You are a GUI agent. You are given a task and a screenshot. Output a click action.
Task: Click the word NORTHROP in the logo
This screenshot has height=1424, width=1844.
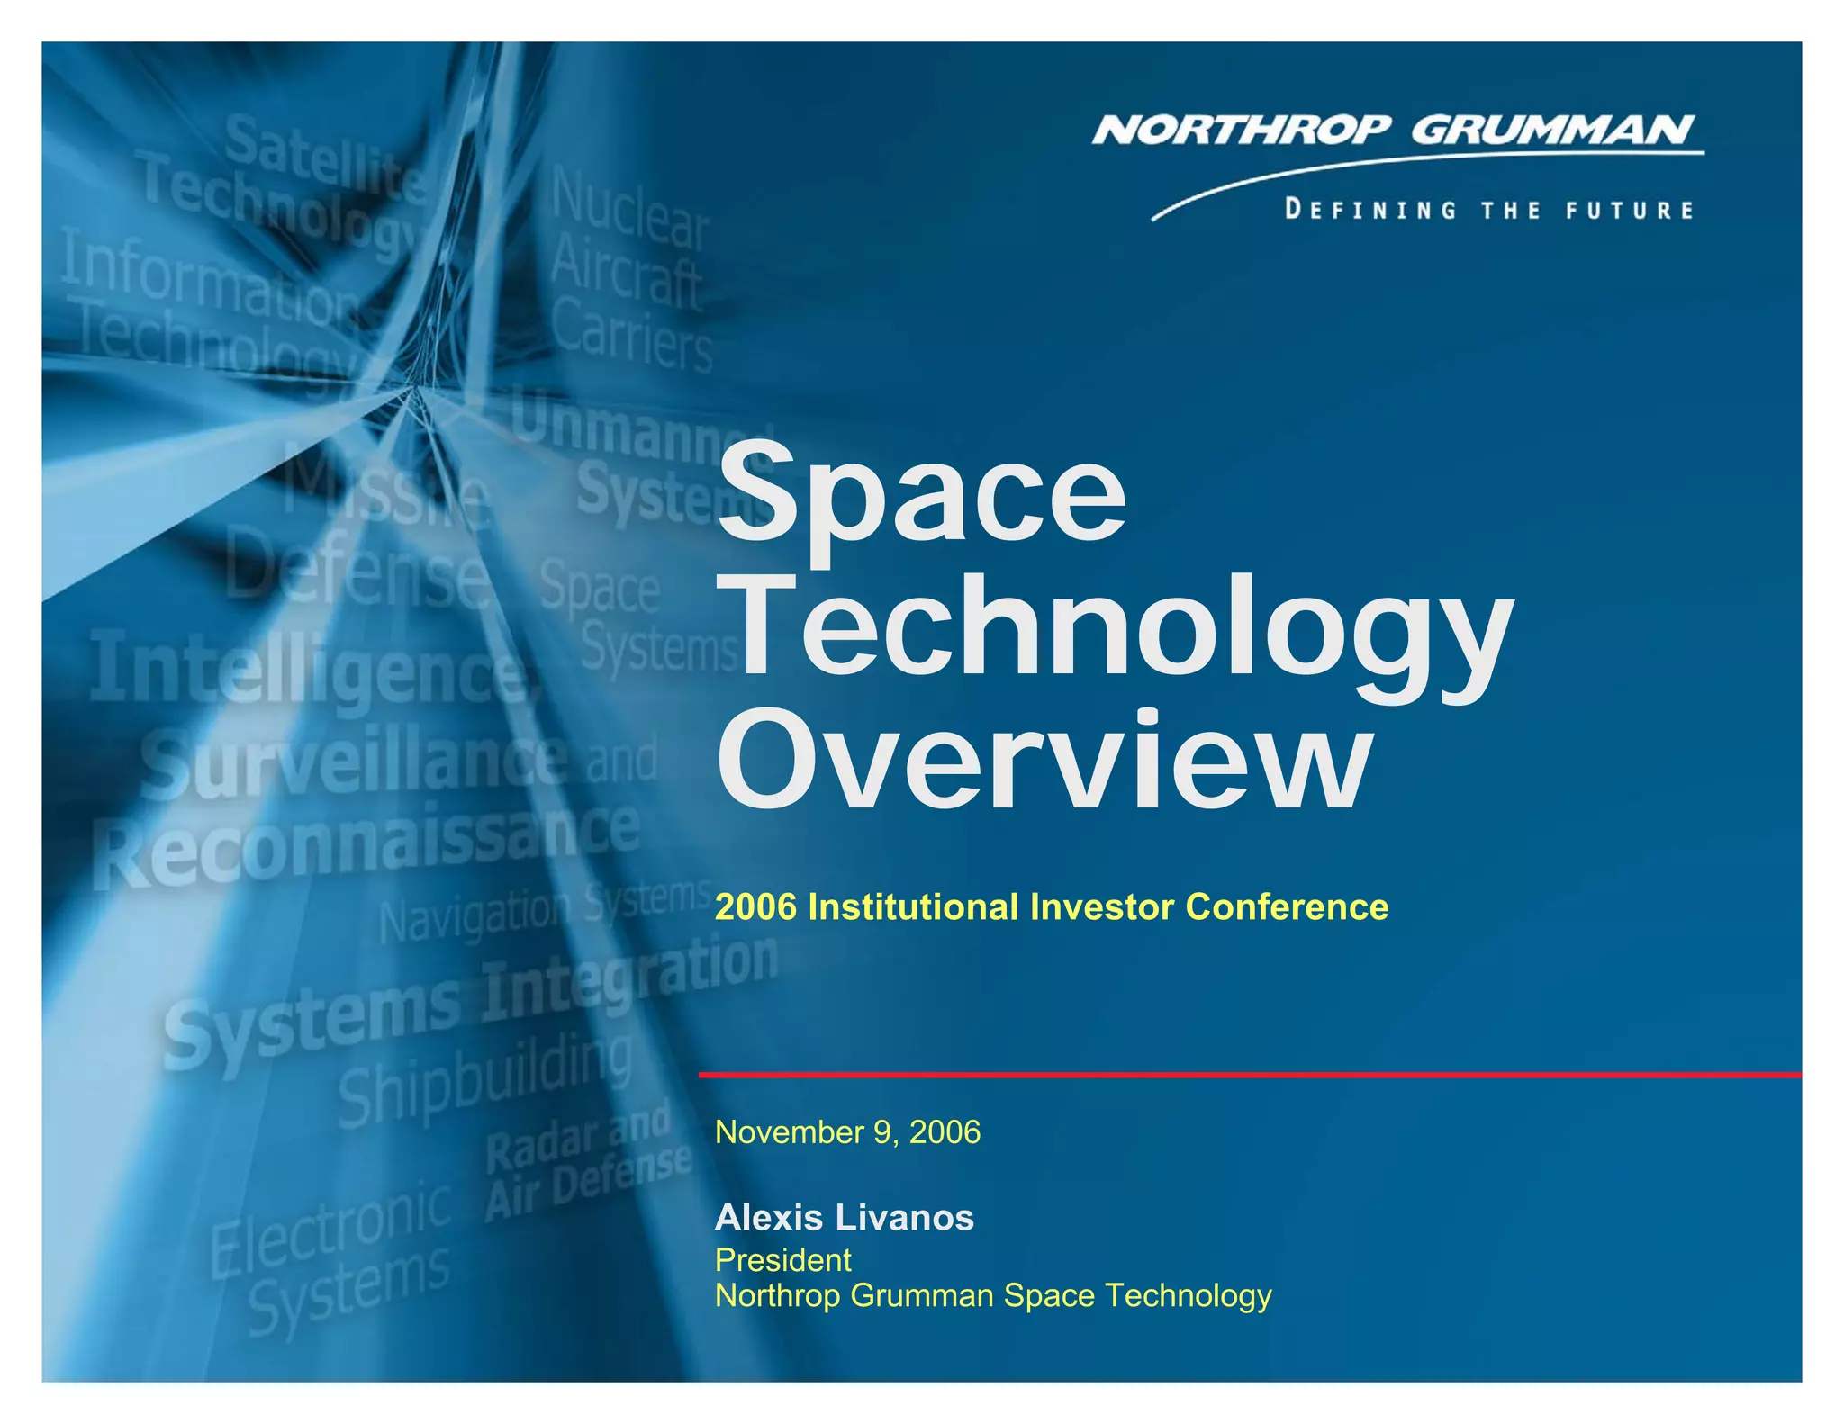(1242, 131)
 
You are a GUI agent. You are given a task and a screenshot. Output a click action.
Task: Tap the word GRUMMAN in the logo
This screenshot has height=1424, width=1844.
(1552, 131)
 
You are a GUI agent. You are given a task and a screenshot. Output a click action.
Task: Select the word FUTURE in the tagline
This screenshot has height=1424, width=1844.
(1630, 211)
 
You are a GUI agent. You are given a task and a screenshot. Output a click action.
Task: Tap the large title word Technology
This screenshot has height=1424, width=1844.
(1115, 630)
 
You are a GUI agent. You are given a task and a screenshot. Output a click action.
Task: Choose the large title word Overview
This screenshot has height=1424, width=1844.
(1044, 762)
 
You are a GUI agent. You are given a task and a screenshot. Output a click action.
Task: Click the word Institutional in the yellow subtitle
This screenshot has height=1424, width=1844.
(914, 907)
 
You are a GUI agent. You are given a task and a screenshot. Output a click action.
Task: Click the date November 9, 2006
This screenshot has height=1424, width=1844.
(847, 1132)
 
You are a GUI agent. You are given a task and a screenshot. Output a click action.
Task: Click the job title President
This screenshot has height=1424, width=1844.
(782, 1260)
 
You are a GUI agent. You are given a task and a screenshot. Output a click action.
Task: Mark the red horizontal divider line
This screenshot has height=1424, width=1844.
(1250, 1075)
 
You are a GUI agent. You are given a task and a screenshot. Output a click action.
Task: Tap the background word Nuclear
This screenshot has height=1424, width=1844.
(629, 207)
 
